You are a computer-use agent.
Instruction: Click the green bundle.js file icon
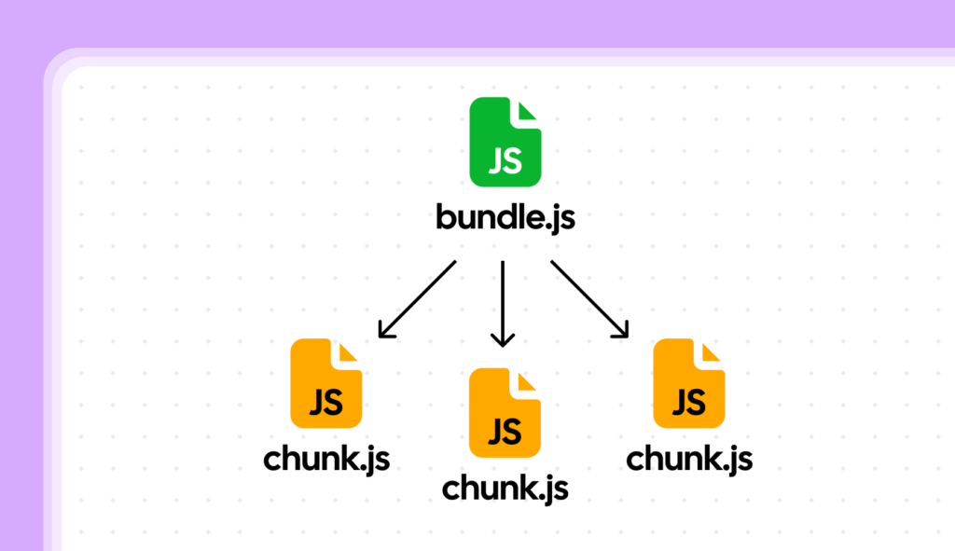pos(505,141)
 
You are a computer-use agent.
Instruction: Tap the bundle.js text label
pos(505,218)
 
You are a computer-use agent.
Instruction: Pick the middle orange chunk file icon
pos(505,412)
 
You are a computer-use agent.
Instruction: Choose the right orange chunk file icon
pos(688,383)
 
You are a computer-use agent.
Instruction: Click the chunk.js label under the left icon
pos(325,459)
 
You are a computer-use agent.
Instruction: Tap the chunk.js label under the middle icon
pos(505,487)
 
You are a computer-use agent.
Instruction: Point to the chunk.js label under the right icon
pos(689,459)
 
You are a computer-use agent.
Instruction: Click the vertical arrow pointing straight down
pos(503,303)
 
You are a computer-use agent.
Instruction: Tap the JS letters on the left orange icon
pos(325,403)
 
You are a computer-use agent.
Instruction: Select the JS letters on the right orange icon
pos(688,402)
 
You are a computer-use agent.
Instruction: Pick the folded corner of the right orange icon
pos(713,351)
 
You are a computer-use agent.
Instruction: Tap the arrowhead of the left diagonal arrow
pos(385,329)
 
